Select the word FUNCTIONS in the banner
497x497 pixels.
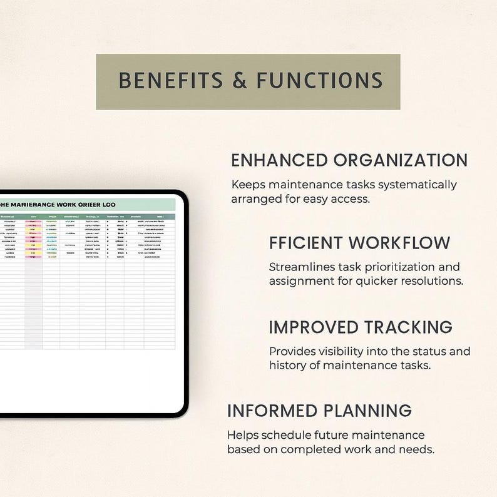click(310, 81)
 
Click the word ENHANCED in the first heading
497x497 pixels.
click(279, 160)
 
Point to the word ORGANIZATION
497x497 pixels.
click(401, 160)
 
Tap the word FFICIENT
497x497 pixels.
click(306, 243)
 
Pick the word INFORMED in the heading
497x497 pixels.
click(271, 411)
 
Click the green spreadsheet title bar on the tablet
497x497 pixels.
click(88, 204)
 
